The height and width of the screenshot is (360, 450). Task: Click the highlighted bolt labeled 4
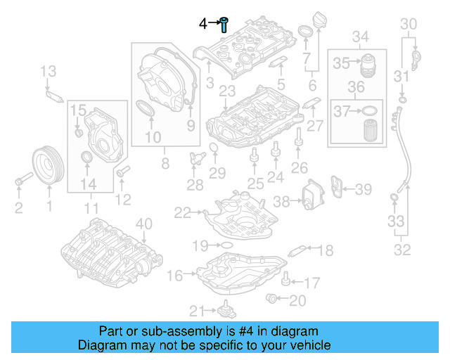pos(224,25)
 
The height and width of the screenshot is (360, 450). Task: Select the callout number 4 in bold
pos(202,24)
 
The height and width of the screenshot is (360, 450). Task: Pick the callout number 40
pos(143,224)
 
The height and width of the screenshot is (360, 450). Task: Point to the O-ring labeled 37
pos(368,110)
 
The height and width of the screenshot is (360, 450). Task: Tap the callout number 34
pos(360,37)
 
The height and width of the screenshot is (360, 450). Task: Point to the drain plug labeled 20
pos(272,300)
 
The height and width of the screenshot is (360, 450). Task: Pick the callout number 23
pos(226,91)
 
